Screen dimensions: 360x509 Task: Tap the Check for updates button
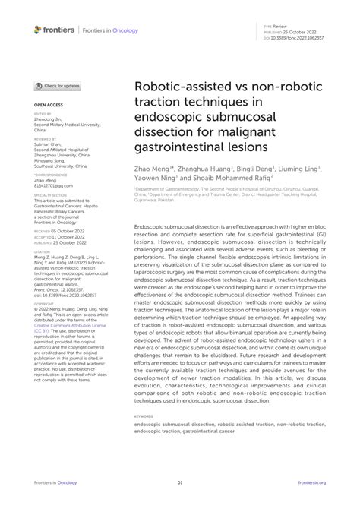[x=57, y=87]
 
